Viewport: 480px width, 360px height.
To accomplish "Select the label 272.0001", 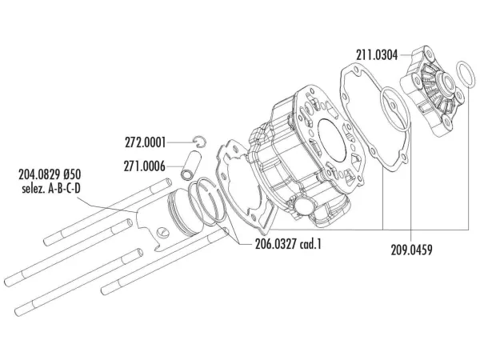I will coord(146,143).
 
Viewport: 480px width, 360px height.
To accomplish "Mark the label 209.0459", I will coord(411,249).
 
